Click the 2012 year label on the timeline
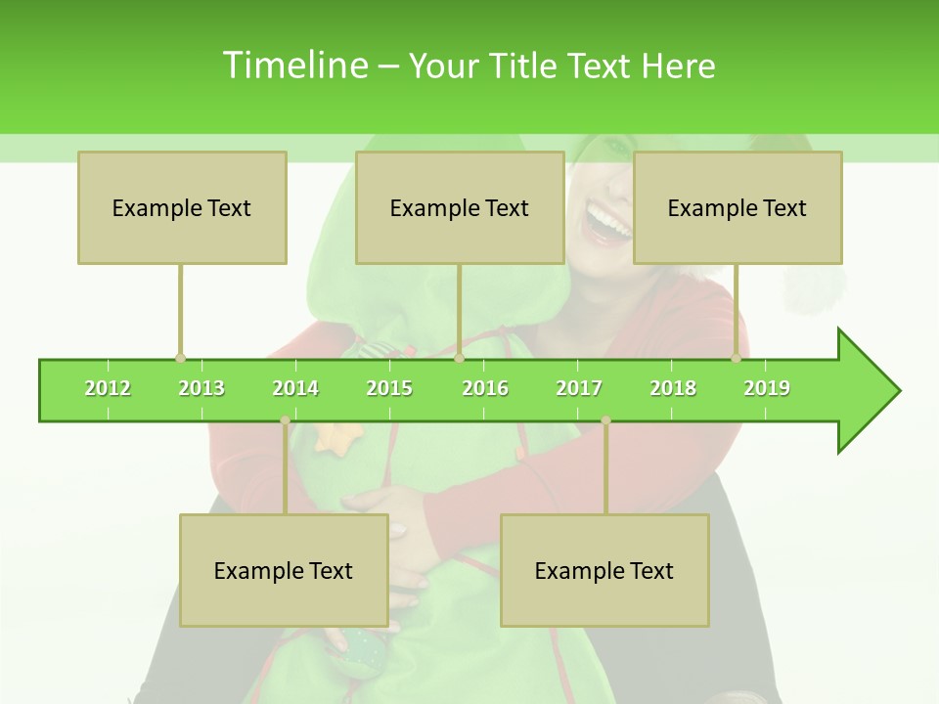tap(108, 388)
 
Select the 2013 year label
tap(201, 388)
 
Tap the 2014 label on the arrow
tap(295, 388)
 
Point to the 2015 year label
tap(389, 388)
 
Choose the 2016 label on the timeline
tap(485, 388)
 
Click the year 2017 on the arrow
tap(579, 388)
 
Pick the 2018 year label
tap(673, 388)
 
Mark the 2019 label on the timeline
tap(767, 388)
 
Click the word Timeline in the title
tap(293, 66)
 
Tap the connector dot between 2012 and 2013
tap(180, 358)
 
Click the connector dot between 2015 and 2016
tap(459, 358)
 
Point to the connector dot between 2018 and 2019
tap(736, 358)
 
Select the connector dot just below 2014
tap(285, 420)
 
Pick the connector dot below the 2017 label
tap(605, 420)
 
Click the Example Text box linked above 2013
tap(182, 207)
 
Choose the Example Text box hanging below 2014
tap(284, 570)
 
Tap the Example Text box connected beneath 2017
tap(604, 570)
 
